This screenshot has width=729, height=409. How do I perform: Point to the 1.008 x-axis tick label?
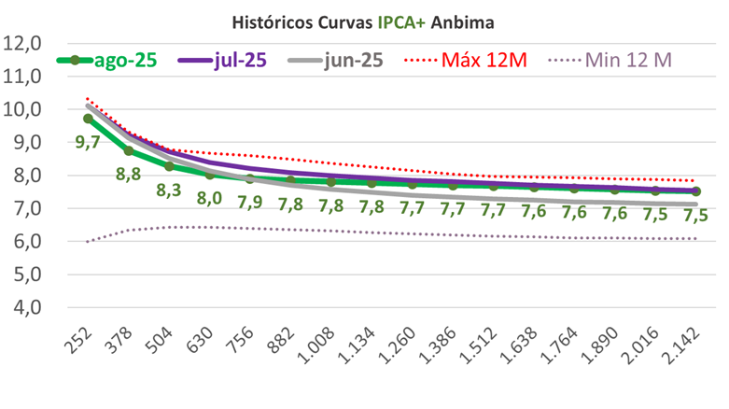(323, 346)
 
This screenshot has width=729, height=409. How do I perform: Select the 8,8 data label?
(129, 174)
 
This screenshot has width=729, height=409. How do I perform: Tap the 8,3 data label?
(169, 189)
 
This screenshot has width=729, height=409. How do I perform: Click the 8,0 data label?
(209, 197)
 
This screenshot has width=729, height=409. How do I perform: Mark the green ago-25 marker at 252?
(89, 119)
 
